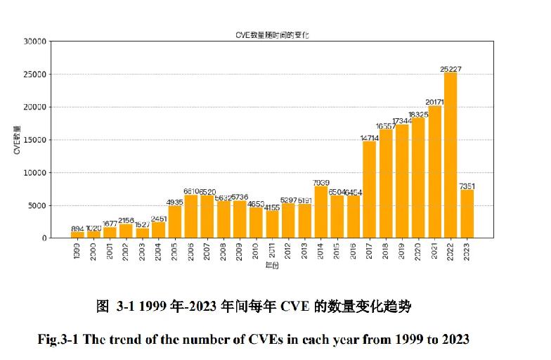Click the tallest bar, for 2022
pyautogui.click(x=450, y=155)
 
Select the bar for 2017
pyautogui.click(x=369, y=189)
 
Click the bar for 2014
pyautogui.click(x=320, y=212)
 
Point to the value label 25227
pyautogui.click(x=450, y=68)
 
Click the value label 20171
pyautogui.click(x=434, y=101)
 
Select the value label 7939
pyautogui.click(x=320, y=182)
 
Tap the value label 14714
pyautogui.click(x=369, y=138)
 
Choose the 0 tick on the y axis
pyautogui.click(x=44, y=238)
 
